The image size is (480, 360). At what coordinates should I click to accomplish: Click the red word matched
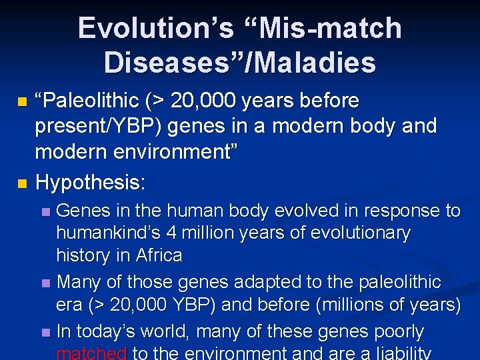92,353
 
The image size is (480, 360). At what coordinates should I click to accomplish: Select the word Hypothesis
90,181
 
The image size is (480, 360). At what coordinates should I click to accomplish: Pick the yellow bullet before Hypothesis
23,182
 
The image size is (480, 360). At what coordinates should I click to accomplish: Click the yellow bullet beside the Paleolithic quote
23,102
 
